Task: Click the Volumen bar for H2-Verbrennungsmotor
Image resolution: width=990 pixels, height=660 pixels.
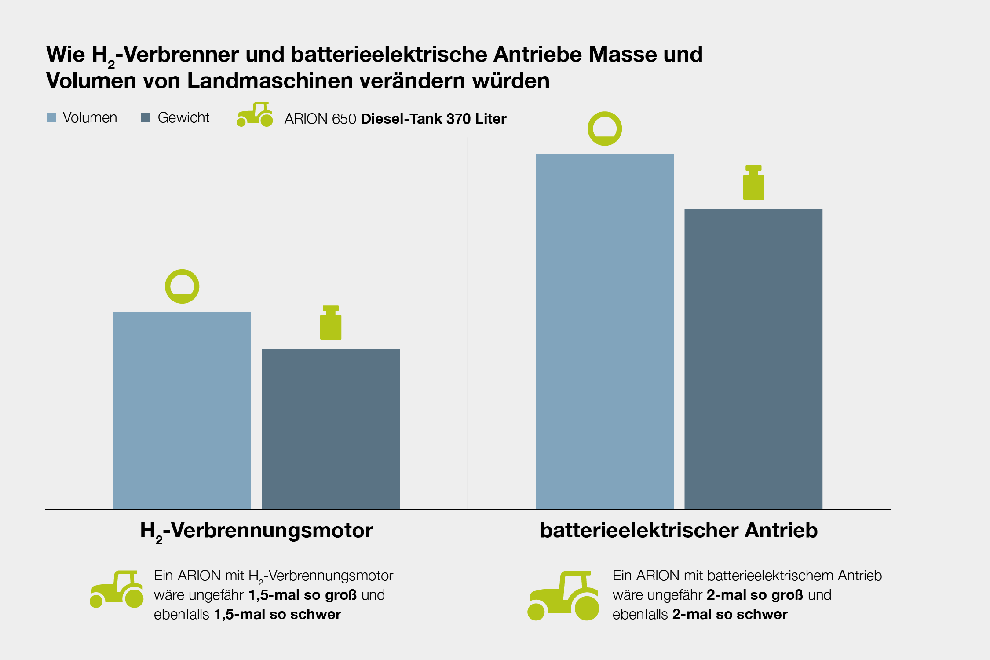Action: coord(182,410)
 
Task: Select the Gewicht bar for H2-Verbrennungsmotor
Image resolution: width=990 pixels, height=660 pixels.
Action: coord(330,429)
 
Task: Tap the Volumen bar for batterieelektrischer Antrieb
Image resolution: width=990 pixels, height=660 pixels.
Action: coord(604,331)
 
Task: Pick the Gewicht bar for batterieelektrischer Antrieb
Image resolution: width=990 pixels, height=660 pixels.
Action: coord(753,359)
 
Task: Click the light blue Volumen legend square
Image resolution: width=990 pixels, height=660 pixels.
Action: coord(51,118)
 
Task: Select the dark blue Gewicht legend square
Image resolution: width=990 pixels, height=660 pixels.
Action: coord(145,118)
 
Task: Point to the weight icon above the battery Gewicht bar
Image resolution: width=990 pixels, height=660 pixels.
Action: coord(753,183)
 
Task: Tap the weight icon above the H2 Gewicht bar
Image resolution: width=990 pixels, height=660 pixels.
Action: coord(330,323)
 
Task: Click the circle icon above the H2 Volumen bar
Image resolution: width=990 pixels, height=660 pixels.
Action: coord(182,286)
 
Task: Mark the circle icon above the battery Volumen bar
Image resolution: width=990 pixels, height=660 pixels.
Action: coord(604,128)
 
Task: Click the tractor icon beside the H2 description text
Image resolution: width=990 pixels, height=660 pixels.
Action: coord(117,589)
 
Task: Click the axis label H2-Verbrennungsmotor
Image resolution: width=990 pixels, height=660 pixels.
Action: coord(256,531)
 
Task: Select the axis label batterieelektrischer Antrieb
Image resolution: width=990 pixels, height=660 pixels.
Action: coord(679,531)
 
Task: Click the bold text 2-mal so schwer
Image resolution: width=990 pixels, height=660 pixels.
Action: coord(730,614)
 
